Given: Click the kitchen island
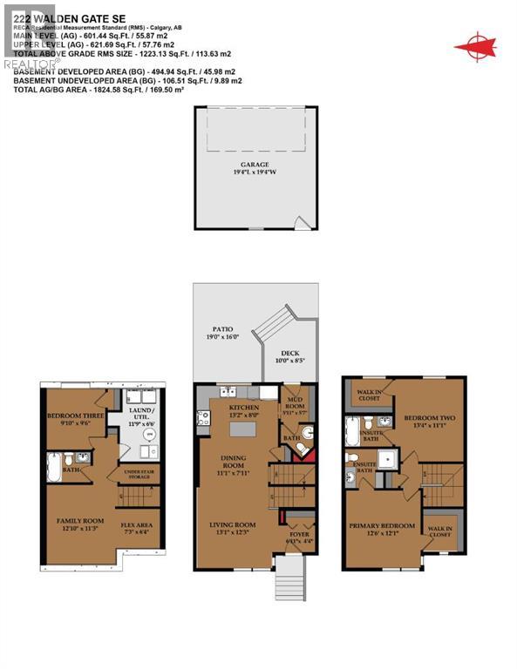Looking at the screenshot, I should [241, 419].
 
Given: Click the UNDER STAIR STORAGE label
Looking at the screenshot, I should [135, 474].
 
